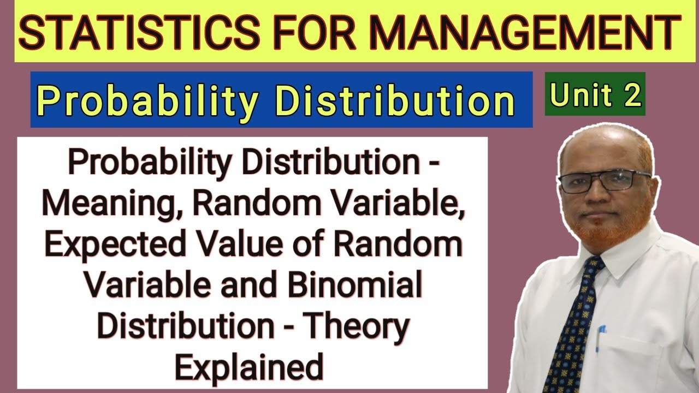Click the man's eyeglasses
603,180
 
